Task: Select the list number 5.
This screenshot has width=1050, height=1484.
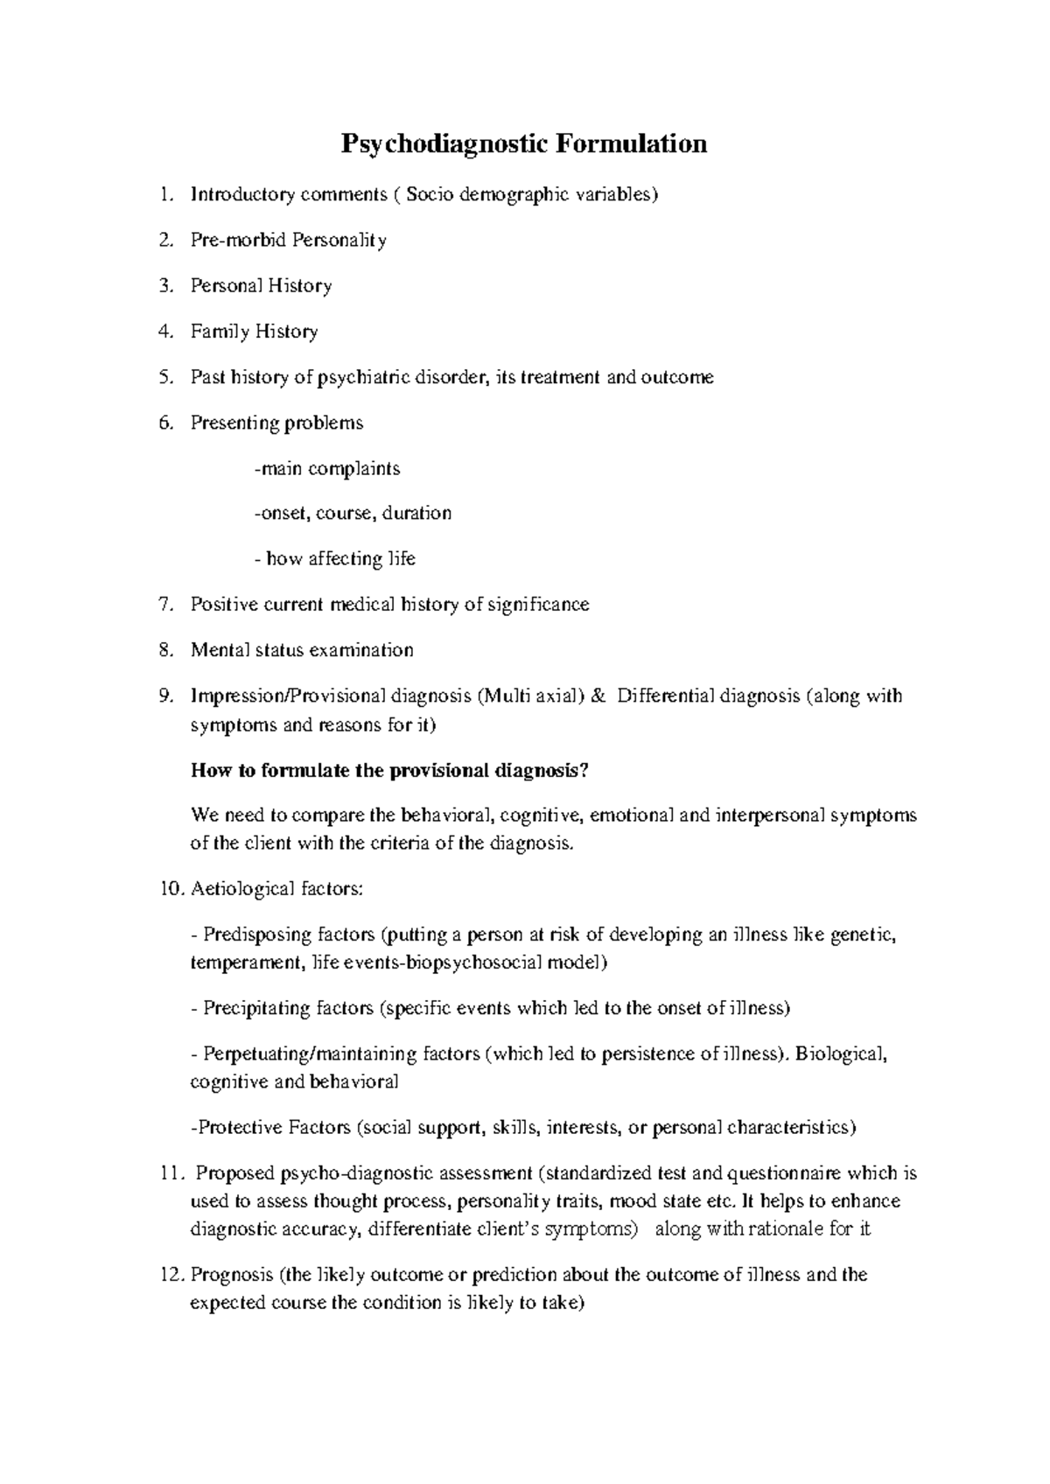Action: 166,377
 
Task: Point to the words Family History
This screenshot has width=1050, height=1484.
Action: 254,332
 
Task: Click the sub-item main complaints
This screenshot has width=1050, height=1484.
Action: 327,468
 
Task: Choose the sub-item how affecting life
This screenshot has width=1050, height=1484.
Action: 338,558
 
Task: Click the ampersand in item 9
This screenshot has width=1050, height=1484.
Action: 598,696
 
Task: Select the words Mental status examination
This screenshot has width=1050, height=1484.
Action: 302,650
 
